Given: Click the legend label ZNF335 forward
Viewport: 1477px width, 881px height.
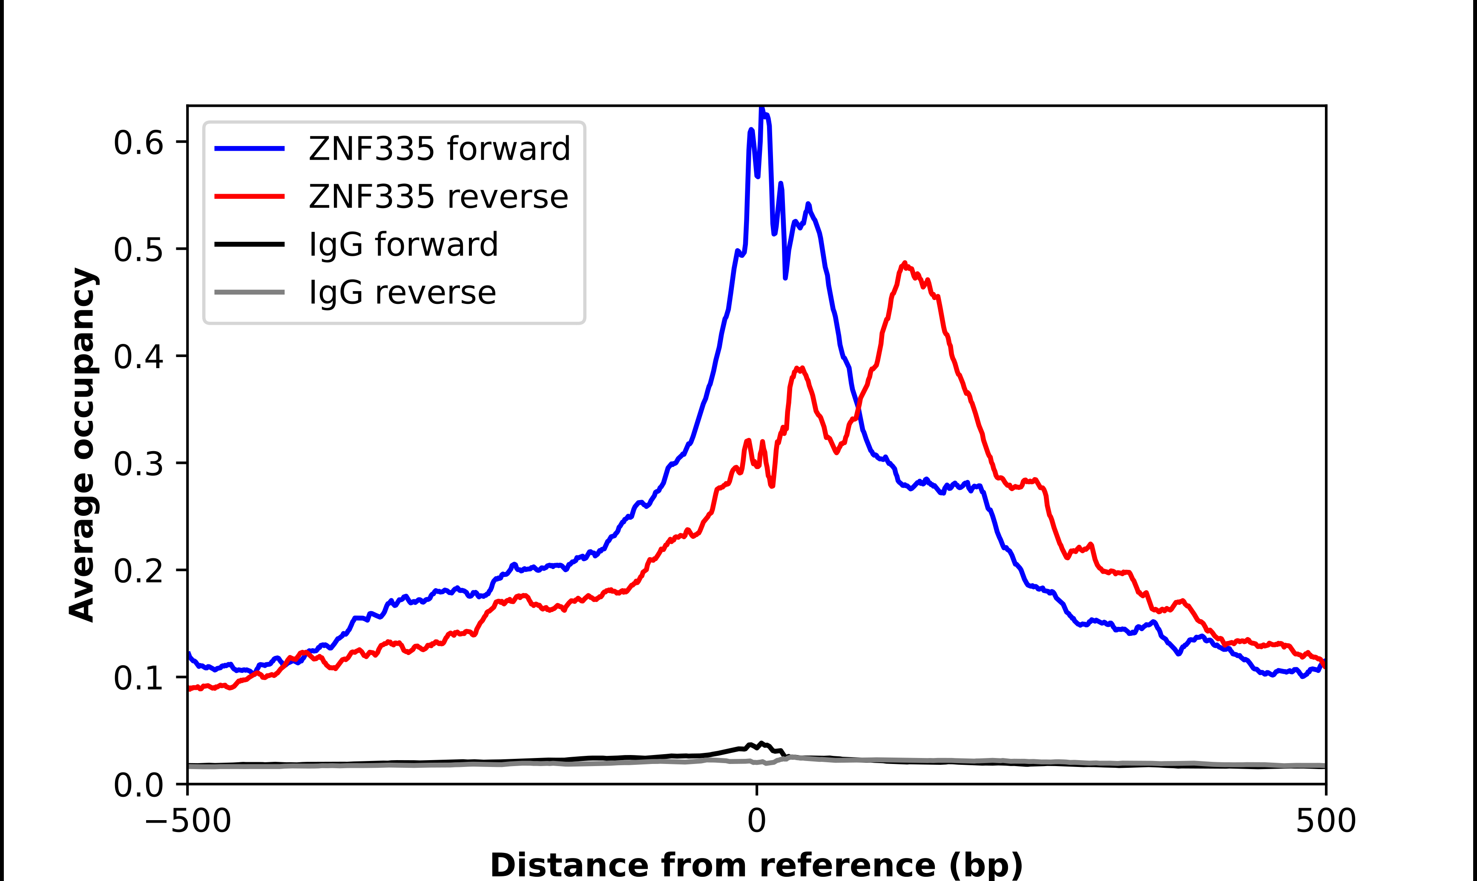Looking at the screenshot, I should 439,149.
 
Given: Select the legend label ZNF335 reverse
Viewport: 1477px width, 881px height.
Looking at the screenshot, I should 438,197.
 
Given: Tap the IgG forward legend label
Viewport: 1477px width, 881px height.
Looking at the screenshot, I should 403,245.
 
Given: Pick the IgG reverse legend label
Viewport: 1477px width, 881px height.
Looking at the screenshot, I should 402,293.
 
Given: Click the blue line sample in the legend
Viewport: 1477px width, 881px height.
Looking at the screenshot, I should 250,149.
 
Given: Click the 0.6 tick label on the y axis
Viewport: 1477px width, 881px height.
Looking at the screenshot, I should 138,143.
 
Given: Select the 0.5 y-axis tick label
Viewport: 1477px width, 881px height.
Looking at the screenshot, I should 138,249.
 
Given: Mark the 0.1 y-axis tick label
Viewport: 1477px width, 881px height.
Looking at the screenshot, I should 138,678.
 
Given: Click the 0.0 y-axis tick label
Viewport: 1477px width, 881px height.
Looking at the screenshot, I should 138,785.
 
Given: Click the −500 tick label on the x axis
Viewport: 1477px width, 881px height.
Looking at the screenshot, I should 188,821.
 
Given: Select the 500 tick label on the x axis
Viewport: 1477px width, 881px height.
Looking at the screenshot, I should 1325,821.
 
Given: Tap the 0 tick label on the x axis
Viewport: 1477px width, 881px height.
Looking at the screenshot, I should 757,821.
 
